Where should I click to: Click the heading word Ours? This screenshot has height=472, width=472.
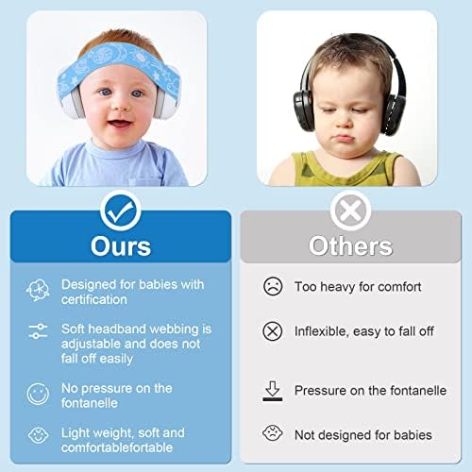click(x=120, y=245)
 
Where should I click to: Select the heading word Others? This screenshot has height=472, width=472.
click(x=350, y=245)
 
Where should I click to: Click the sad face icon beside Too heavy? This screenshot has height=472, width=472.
click(x=272, y=286)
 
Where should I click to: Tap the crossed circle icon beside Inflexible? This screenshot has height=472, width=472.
click(x=272, y=331)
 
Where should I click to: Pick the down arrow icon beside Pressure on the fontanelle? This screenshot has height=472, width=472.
click(x=272, y=390)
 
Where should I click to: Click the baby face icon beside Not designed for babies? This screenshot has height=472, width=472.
click(x=272, y=434)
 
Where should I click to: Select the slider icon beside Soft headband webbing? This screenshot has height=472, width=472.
click(x=39, y=330)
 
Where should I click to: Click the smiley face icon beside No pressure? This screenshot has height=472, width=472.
click(x=39, y=394)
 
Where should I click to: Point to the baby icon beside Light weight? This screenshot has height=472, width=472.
click(x=39, y=437)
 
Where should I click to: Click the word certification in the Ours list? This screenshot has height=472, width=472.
click(x=94, y=299)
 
